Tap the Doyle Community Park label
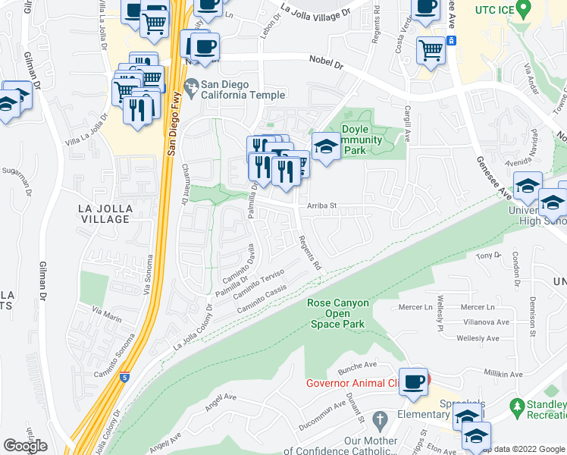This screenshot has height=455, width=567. (x=354, y=140)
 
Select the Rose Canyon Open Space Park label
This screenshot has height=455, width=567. (x=338, y=313)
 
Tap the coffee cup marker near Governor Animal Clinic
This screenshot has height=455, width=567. (x=413, y=381)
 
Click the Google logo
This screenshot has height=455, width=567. (x=26, y=446)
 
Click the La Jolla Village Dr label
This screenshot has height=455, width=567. (x=315, y=12)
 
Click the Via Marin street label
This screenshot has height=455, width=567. (x=106, y=310)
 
